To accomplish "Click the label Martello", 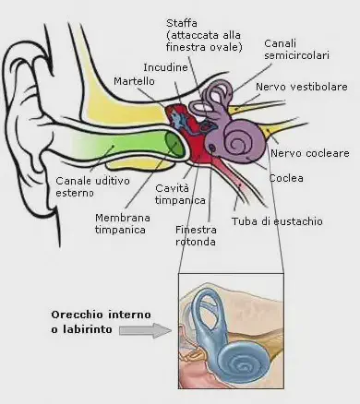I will pos(133,83).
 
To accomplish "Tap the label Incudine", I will pos(166,67).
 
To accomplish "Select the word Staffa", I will pos(182,22).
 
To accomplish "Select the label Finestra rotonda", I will pos(197,235).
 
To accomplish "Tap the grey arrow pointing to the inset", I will pos(147,329).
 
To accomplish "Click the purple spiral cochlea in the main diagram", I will pos(243,140).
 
